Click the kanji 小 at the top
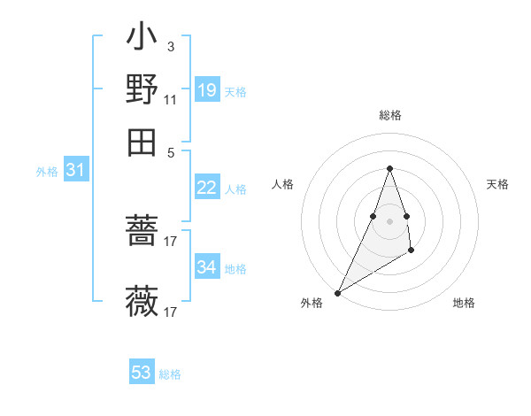[142, 39]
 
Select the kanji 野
[142, 89]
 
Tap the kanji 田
[142, 141]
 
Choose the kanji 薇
[142, 302]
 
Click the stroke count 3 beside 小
[170, 46]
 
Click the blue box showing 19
[206, 90]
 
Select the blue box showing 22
[206, 188]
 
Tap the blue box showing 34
[206, 267]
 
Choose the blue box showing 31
[75, 171]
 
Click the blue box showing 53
[142, 373]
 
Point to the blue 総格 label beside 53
[170, 374]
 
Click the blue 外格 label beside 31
[47, 172]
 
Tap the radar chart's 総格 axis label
[389, 116]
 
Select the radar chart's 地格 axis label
[464, 304]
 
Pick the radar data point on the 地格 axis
[412, 251]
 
